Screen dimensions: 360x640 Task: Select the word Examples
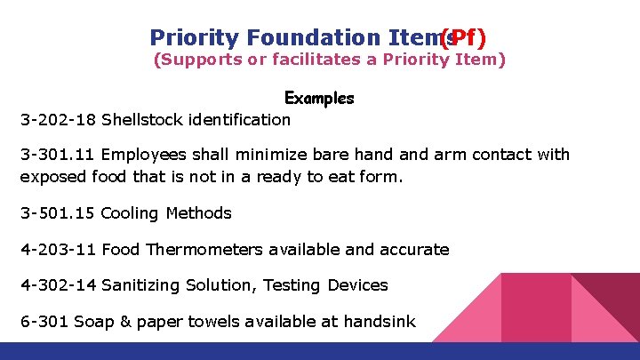[x=319, y=98]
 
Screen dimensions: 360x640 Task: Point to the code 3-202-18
[x=59, y=119]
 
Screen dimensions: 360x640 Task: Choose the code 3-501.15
[x=59, y=213]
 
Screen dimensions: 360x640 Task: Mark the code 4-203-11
[x=59, y=250]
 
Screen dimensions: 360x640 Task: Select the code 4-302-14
[x=59, y=285]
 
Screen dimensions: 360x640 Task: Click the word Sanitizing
[x=142, y=285]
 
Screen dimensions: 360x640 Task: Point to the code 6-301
[x=45, y=321]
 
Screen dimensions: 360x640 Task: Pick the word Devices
[x=358, y=285]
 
